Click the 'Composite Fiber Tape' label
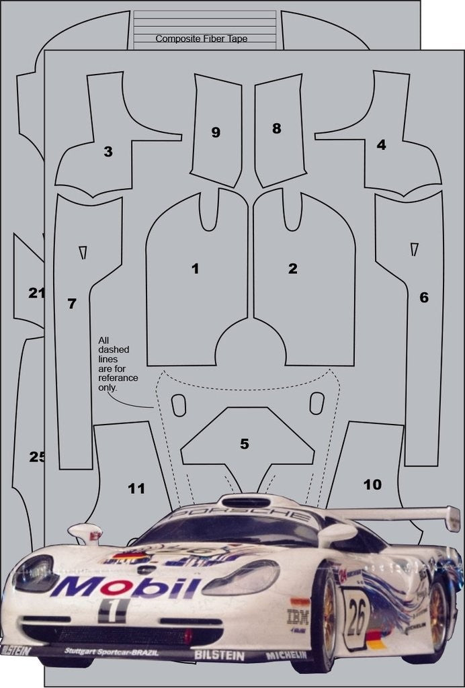[x=202, y=39]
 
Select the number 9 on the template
[x=216, y=132]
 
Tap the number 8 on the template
[x=276, y=128]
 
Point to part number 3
[x=108, y=152]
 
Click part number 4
[x=381, y=144]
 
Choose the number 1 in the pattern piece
[x=195, y=269]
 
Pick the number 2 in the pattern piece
[x=292, y=269]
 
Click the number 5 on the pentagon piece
[x=245, y=443]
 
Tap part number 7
[x=72, y=304]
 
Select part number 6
[x=423, y=297]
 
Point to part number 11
[x=136, y=488]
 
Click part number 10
[x=372, y=484]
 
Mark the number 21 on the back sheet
[x=36, y=293]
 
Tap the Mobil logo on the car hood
[x=126, y=587]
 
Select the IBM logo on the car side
[x=298, y=615]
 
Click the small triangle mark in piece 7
[x=83, y=252]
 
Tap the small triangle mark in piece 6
[x=414, y=249]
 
